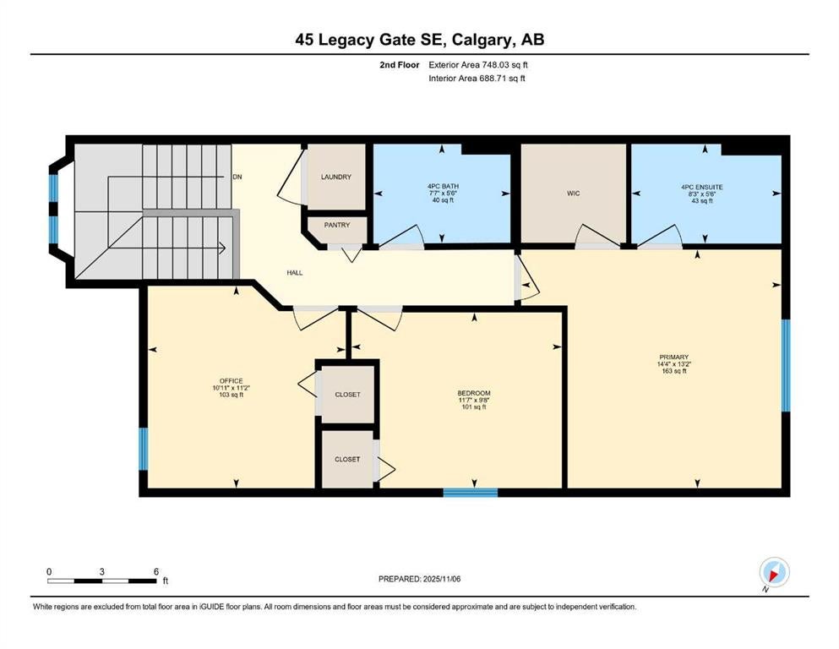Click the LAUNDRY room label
(x=336, y=177)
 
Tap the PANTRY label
(x=337, y=226)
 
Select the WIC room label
(x=573, y=194)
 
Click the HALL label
(x=294, y=273)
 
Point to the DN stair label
(x=237, y=177)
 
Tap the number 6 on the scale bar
(x=156, y=571)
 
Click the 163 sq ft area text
(x=674, y=370)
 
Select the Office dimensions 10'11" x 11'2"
(x=232, y=388)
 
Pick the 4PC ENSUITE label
(x=702, y=188)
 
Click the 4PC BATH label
(x=443, y=187)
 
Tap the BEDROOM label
(x=474, y=393)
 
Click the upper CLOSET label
(x=348, y=395)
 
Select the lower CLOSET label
(x=347, y=460)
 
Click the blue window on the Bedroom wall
(x=471, y=493)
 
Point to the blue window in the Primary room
(x=786, y=365)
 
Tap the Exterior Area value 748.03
(x=495, y=65)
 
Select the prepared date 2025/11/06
(x=441, y=579)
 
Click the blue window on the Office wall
(x=144, y=449)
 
